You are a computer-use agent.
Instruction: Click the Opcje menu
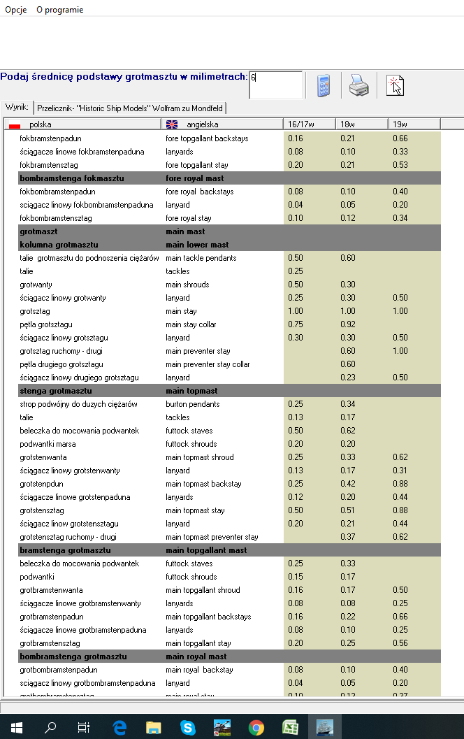point(15,10)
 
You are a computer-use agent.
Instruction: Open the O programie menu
point(59,10)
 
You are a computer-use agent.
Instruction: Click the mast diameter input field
point(276,85)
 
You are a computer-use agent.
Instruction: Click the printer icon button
point(359,85)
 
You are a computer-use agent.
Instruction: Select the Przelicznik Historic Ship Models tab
point(131,108)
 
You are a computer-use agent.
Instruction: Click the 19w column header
point(400,124)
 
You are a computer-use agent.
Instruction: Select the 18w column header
point(347,124)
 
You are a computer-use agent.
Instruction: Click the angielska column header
point(198,124)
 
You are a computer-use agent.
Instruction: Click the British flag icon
point(172,124)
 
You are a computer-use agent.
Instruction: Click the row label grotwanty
point(36,285)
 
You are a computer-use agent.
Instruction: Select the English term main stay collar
point(191,324)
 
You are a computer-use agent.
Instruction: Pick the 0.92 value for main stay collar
point(348,324)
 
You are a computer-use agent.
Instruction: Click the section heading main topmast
point(191,391)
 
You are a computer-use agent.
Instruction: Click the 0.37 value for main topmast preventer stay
point(348,537)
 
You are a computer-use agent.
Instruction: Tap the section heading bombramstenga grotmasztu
point(73,657)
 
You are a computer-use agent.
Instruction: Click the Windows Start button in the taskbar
point(16,727)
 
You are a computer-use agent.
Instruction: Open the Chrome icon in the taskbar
point(256,727)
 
